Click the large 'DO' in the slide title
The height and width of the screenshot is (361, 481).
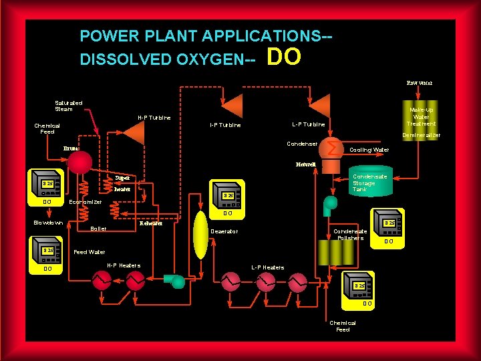tap(283, 57)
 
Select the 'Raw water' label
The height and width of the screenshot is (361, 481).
tap(420, 83)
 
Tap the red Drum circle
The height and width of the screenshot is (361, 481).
tap(79, 162)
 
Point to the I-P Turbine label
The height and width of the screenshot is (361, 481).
tap(225, 125)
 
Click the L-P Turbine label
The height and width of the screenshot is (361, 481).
tap(308, 124)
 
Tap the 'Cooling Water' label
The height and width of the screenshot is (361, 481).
tap(369, 150)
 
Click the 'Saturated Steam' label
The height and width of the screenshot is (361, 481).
tap(69, 106)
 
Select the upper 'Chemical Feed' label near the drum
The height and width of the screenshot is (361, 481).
tap(47, 128)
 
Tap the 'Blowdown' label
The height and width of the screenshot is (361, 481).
tap(48, 223)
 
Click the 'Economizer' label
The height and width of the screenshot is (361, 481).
tap(86, 202)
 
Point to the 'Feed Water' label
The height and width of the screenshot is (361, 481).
tap(89, 253)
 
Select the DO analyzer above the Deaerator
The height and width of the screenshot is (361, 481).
tap(228, 195)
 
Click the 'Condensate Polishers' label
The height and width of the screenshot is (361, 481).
tap(350, 235)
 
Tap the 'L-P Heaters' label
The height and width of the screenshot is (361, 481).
tap(267, 267)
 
